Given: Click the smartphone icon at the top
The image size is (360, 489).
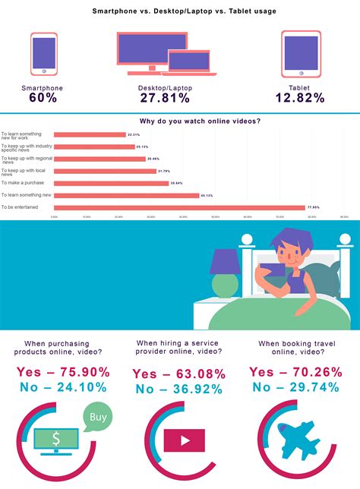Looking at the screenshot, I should pos(44,54).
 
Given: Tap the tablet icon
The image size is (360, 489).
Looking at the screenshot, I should pos(301,54).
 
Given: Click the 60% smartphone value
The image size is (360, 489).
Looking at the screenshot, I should pos(43,98).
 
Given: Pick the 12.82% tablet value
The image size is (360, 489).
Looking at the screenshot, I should pos(302,98).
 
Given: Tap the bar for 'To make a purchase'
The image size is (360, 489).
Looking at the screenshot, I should pos(112,183).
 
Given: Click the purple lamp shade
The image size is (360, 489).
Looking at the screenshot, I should pos(224,263).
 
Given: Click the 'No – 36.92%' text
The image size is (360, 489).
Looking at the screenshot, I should pos(178,390).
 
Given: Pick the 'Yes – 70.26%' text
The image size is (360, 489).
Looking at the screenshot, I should pos(295,372).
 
